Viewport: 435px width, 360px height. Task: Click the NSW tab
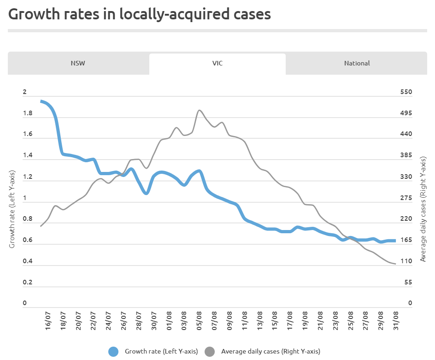pyautogui.click(x=78, y=63)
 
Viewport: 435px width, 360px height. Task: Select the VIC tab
pyautogui.click(x=217, y=63)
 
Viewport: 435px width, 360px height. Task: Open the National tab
pyautogui.click(x=357, y=63)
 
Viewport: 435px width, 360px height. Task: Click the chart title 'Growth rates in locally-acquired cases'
pyautogui.click(x=140, y=14)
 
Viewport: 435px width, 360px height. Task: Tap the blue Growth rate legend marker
pyautogui.click(x=114, y=351)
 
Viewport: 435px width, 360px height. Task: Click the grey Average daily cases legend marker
pyautogui.click(x=210, y=351)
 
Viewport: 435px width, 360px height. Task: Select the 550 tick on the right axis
pyautogui.click(x=406, y=92)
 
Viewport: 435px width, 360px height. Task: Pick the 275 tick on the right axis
pyautogui.click(x=406, y=198)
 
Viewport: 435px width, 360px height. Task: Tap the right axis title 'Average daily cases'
pyautogui.click(x=423, y=208)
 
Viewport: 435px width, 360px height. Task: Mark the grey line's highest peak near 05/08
pyautogui.click(x=199, y=110)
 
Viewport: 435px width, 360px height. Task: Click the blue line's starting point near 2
pyautogui.click(x=41, y=101)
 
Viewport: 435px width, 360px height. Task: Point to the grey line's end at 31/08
pyautogui.click(x=395, y=264)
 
